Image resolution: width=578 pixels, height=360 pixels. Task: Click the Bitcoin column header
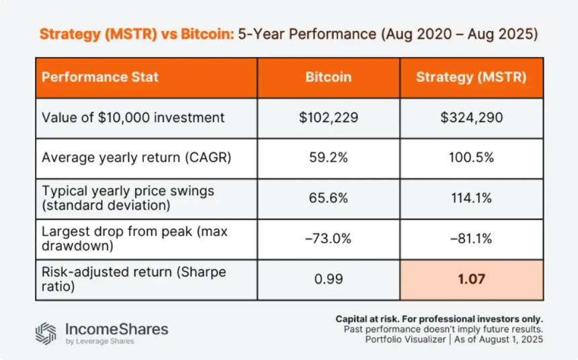(x=328, y=77)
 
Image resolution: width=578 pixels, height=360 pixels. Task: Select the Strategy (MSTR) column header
(x=470, y=77)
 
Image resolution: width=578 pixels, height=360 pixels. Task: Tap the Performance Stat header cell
(x=100, y=77)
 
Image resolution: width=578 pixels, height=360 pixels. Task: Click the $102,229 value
(x=328, y=118)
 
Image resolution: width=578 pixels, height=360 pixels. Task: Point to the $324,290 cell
(x=470, y=118)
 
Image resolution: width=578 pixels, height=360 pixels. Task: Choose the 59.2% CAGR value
(x=328, y=158)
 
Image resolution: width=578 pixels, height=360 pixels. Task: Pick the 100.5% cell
(x=470, y=158)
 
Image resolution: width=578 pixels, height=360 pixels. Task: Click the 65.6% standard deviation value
(x=328, y=199)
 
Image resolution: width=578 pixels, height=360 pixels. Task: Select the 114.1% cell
(x=470, y=199)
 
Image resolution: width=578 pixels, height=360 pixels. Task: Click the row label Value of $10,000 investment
(x=132, y=118)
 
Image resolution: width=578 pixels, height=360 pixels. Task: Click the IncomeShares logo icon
(x=46, y=333)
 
